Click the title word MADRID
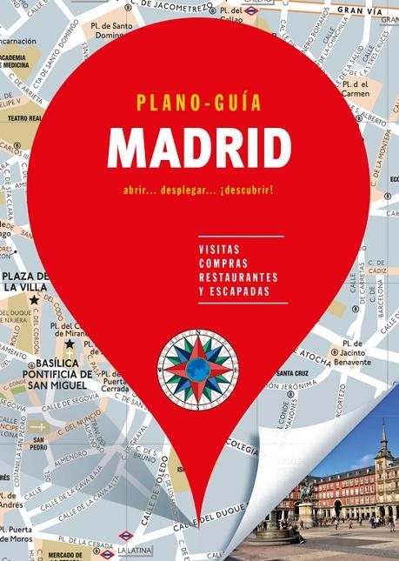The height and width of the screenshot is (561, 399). coord(198,149)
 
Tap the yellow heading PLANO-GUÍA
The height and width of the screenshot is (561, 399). coord(198,103)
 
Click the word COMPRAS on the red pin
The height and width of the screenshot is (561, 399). coord(223,263)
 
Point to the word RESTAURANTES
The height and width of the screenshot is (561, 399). coord(238,277)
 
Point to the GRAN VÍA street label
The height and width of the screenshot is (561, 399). coord(362,10)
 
